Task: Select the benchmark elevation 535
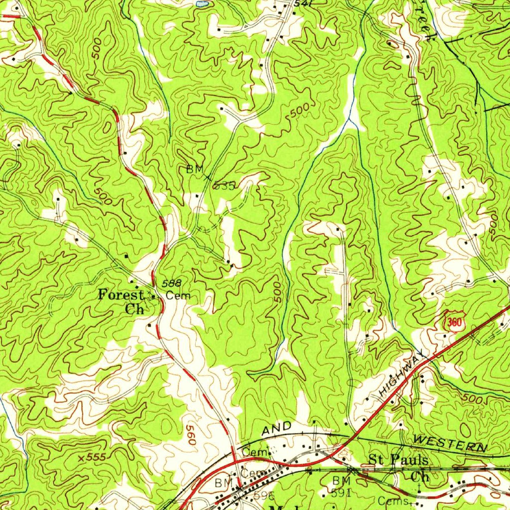[224, 186]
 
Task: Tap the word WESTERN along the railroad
[450, 443]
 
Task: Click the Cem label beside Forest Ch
[178, 296]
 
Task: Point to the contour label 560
[190, 434]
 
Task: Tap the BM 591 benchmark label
[342, 487]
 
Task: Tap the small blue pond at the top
[202, 3]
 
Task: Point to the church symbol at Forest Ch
[153, 296]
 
